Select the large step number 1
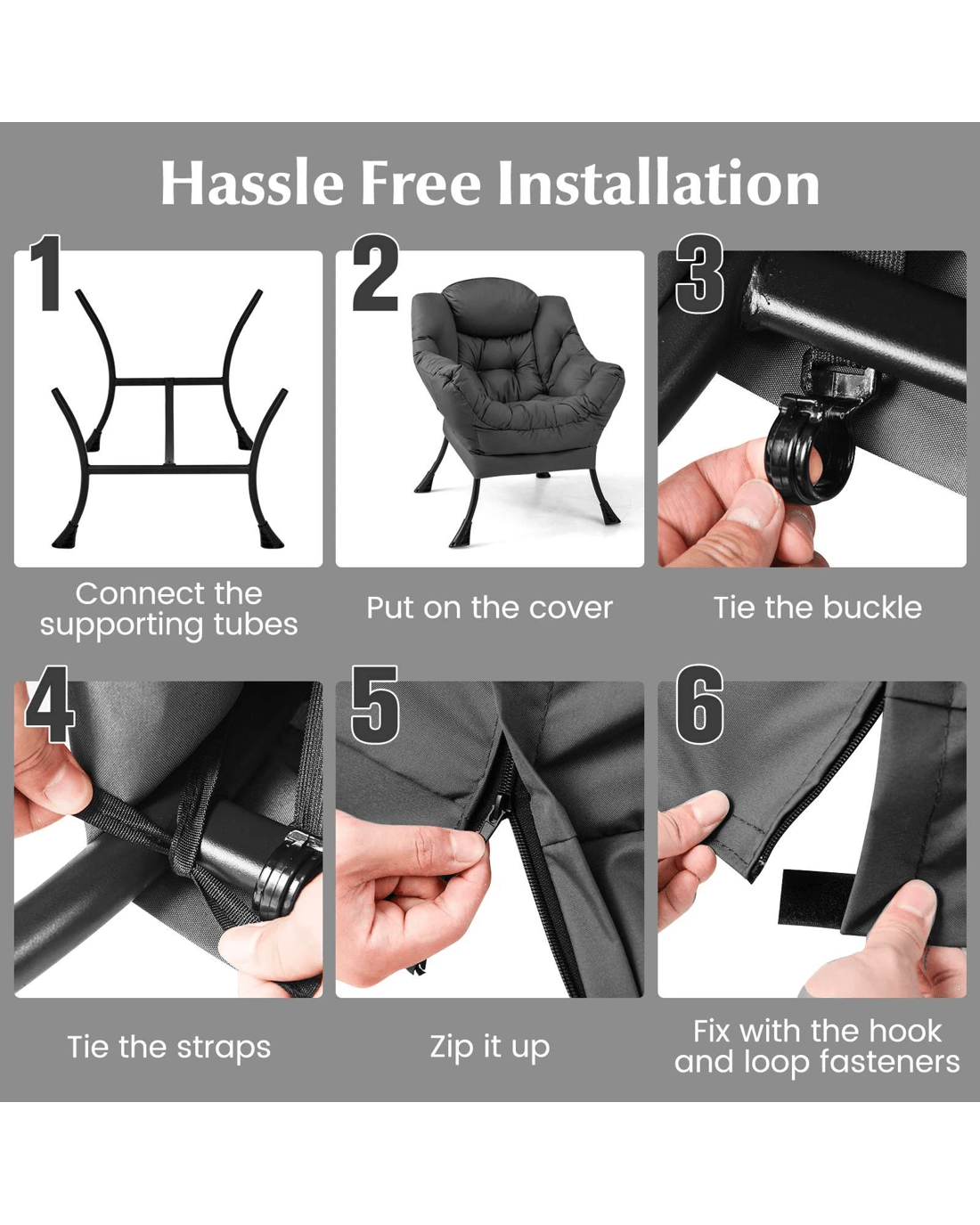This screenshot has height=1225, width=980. [x=45, y=274]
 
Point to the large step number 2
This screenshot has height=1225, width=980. [x=375, y=274]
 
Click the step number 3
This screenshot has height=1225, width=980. [x=699, y=274]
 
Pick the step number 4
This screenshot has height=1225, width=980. [x=50, y=704]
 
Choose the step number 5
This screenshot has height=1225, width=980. [x=374, y=704]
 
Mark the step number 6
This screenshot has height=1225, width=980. [x=699, y=704]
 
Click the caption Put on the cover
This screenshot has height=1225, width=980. [x=489, y=608]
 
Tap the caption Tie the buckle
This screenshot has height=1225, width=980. [x=818, y=608]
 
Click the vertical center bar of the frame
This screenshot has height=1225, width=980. [x=169, y=421]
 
